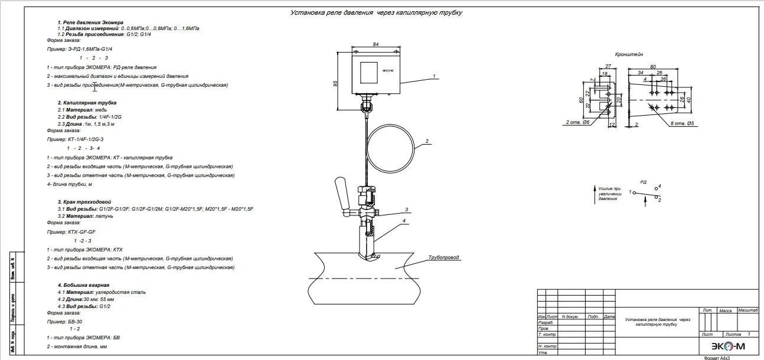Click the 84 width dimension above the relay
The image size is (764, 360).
click(376, 44)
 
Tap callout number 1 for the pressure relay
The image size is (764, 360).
click(434, 76)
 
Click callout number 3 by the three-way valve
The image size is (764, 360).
click(407, 210)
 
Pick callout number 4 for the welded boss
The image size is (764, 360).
click(404, 221)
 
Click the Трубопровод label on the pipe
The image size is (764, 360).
click(444, 257)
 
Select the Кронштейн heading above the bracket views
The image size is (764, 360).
click(629, 54)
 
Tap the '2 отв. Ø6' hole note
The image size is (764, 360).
click(578, 123)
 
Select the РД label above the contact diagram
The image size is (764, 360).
click(644, 182)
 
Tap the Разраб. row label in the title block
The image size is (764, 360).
click(546, 323)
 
